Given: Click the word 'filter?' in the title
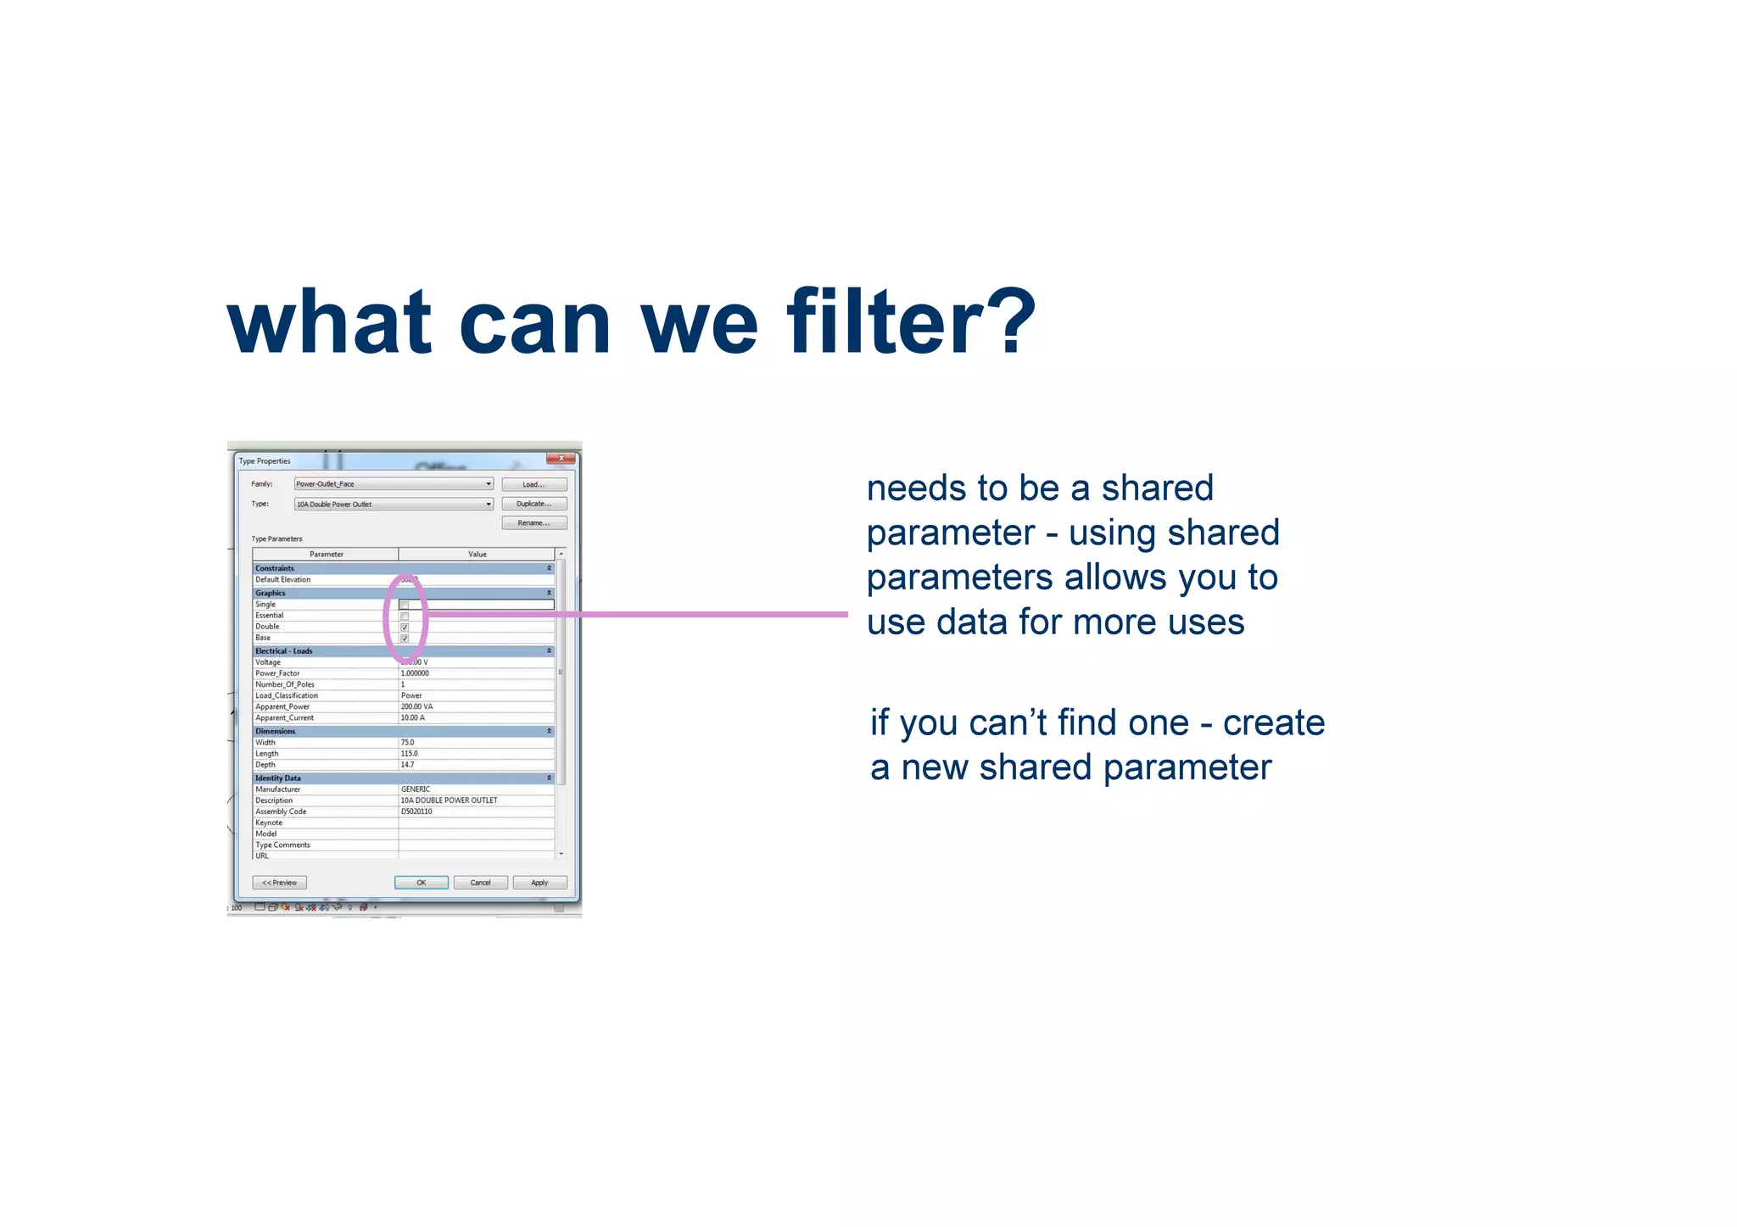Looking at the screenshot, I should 911,322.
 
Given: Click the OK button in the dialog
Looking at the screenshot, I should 421,883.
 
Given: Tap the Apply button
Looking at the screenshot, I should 539,883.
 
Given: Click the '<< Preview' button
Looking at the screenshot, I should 279,883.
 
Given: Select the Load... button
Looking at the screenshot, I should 533,484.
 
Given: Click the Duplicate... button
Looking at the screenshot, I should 533,504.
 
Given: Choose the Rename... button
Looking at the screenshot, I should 533,523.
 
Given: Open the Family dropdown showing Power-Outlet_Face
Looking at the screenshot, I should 394,484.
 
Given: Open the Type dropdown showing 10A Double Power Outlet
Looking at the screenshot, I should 394,504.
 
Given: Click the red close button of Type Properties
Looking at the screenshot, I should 561,459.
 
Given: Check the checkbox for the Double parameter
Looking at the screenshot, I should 405,627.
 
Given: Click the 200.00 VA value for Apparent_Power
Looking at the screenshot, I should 416,706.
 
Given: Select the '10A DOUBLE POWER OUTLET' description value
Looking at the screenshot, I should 449,800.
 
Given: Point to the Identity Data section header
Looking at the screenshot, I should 278,778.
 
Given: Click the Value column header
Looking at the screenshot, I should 478,554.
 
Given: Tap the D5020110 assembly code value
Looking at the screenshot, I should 416,811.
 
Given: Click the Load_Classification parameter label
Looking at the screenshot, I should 287,695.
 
